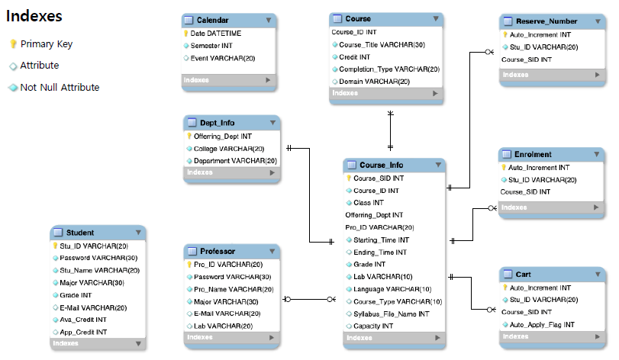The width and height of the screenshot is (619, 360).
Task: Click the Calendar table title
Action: pyautogui.click(x=212, y=21)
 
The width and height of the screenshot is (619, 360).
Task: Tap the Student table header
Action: pyautogui.click(x=79, y=233)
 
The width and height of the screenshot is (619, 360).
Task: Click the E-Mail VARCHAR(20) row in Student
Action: pyautogui.click(x=93, y=307)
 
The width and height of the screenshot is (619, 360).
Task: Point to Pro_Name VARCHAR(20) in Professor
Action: pyautogui.click(x=227, y=289)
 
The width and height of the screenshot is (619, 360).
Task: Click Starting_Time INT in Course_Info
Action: pyautogui.click(x=379, y=239)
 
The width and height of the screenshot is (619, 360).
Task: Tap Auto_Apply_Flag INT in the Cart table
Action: pyautogui.click(x=541, y=324)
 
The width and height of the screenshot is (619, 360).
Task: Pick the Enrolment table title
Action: pyautogui.click(x=534, y=154)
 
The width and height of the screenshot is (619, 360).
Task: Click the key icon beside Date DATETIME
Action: pyautogui.click(x=185, y=34)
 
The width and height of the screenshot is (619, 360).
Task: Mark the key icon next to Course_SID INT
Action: pyautogui.click(x=349, y=178)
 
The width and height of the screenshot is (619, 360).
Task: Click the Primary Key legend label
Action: pyautogui.click(x=47, y=44)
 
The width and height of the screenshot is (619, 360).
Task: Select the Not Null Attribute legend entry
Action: pyautogui.click(x=60, y=88)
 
